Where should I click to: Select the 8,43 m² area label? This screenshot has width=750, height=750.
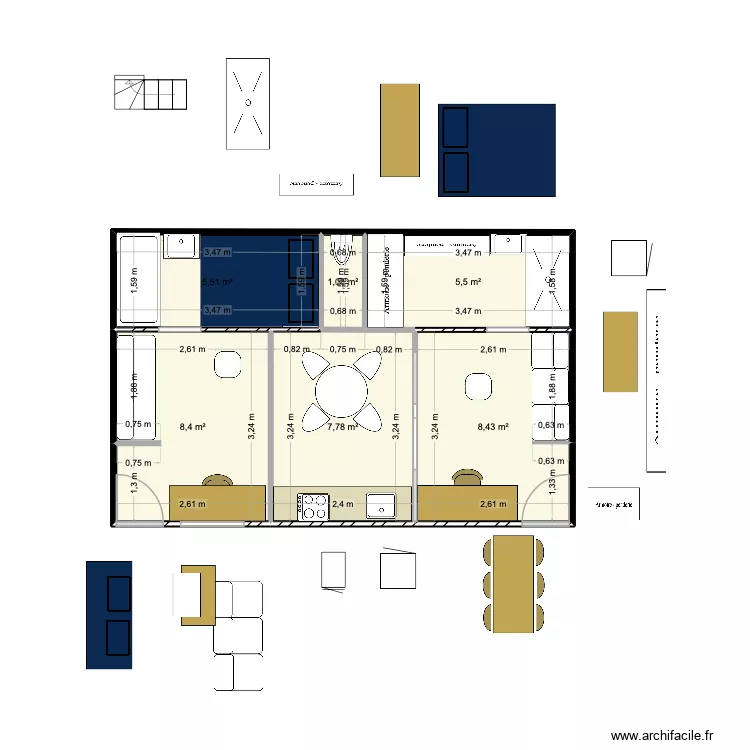[495, 427]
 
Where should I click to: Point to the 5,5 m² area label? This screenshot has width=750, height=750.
[468, 283]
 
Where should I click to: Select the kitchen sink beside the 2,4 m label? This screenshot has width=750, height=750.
[380, 506]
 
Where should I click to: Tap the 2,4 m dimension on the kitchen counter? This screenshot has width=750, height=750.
[343, 506]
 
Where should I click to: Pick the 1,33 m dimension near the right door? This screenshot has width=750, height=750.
[553, 485]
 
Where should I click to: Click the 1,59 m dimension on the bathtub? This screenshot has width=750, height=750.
[135, 280]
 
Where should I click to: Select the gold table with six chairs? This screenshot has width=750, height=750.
[514, 584]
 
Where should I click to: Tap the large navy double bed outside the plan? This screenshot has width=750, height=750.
[497, 150]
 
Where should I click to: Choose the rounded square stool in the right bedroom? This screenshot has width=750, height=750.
[475, 385]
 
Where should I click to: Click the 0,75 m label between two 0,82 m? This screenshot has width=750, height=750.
[343, 350]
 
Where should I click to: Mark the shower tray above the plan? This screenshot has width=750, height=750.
[247, 104]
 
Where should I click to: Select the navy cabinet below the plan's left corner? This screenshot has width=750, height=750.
[109, 614]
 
